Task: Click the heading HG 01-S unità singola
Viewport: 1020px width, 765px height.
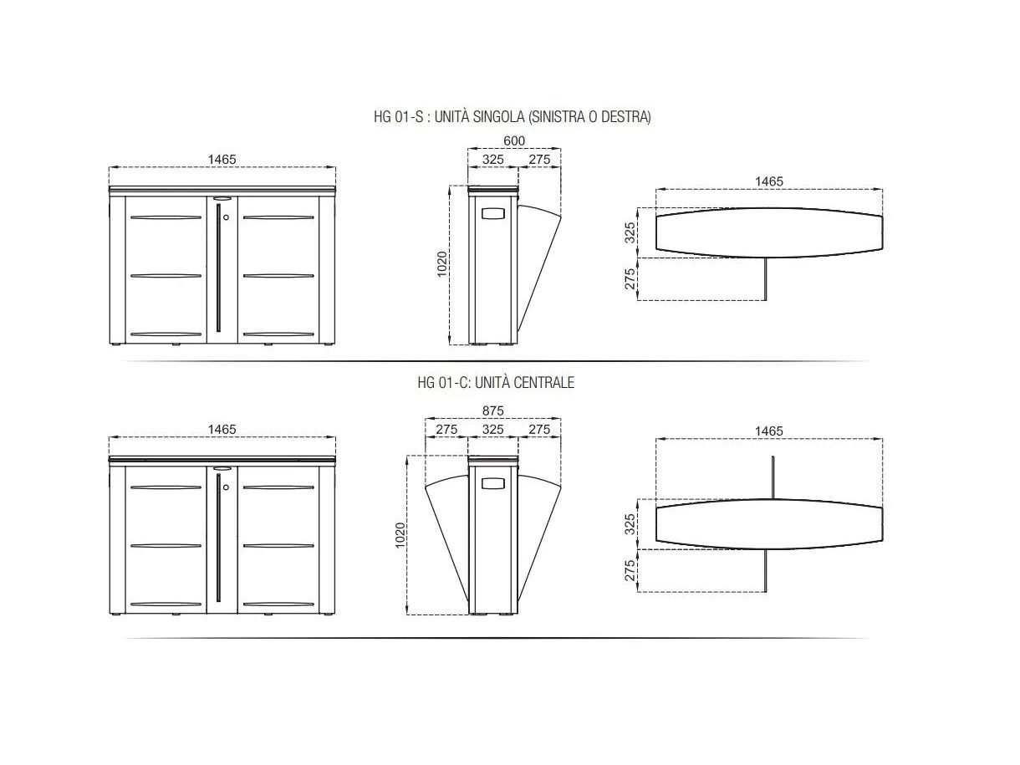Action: [x=513, y=116]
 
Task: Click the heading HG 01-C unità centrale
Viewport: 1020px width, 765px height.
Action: [x=496, y=382]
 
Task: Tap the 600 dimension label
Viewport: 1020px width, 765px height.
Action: [x=514, y=140]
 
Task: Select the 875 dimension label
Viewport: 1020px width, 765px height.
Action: [x=492, y=411]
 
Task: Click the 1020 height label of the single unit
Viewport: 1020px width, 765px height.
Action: [x=442, y=264]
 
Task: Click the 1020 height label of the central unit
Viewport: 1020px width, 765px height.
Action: [x=400, y=535]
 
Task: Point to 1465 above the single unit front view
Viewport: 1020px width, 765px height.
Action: [x=222, y=159]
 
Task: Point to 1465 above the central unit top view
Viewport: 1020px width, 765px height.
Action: [x=768, y=431]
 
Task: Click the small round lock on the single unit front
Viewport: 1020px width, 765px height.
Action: [x=226, y=217]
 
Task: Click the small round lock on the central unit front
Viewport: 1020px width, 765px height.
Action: [x=226, y=487]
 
